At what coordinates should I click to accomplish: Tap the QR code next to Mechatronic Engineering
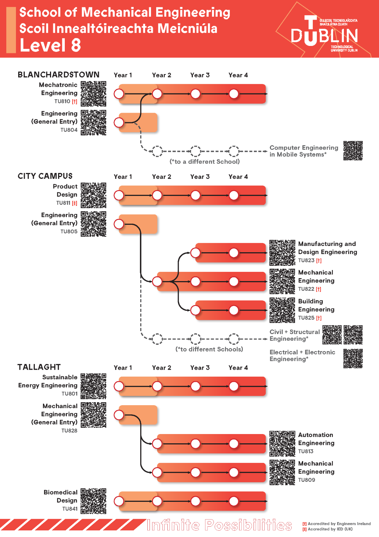[x=94, y=94]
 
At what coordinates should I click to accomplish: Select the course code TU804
[x=69, y=130]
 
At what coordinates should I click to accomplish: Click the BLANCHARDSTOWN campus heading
[x=58, y=75]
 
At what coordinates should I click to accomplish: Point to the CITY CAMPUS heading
[x=45, y=176]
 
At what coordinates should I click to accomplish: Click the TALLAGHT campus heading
[x=39, y=367]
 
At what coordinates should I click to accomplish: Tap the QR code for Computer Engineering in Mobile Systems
[x=353, y=151]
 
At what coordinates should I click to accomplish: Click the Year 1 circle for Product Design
[x=119, y=195]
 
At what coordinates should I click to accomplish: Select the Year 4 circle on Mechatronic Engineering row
[x=234, y=94]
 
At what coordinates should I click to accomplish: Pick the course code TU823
[x=306, y=260]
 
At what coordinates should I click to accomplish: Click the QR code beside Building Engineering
[x=282, y=310]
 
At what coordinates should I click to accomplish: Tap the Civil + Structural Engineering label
[x=295, y=335]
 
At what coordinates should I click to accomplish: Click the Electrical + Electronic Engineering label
[x=302, y=356]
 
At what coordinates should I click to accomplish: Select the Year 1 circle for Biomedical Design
[x=119, y=501]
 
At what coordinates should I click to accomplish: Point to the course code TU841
[x=70, y=509]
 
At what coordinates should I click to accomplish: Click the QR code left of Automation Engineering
[x=282, y=443]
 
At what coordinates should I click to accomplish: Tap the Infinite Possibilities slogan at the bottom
[x=219, y=525]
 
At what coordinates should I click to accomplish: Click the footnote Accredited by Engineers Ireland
[x=339, y=524]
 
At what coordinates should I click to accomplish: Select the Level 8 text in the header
[x=50, y=45]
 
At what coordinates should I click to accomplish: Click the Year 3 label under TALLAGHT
[x=200, y=368]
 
